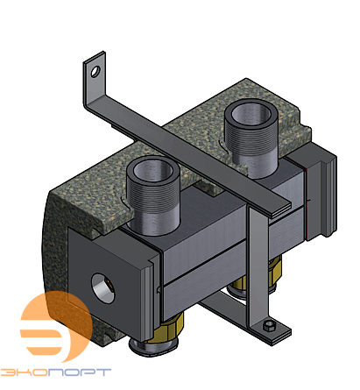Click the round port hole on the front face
102,286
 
